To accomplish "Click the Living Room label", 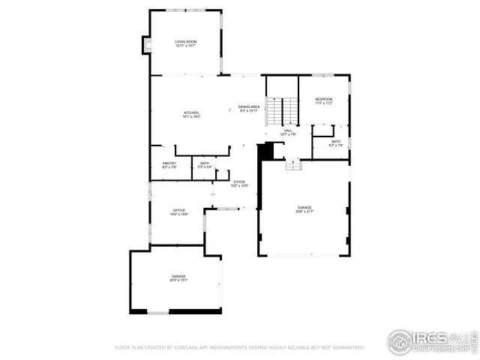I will tap(185, 41).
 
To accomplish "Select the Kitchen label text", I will tap(190, 112).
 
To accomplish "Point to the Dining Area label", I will tap(249, 106).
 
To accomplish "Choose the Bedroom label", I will tap(323, 99).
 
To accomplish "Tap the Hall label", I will tap(288, 130).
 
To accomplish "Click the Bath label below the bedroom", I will tap(336, 141).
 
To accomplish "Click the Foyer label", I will tap(238, 181).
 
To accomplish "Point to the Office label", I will tap(178, 210).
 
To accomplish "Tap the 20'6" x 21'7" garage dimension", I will tap(304, 211).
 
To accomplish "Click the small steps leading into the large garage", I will tap(293, 165).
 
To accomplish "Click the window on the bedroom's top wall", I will tap(323, 74).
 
